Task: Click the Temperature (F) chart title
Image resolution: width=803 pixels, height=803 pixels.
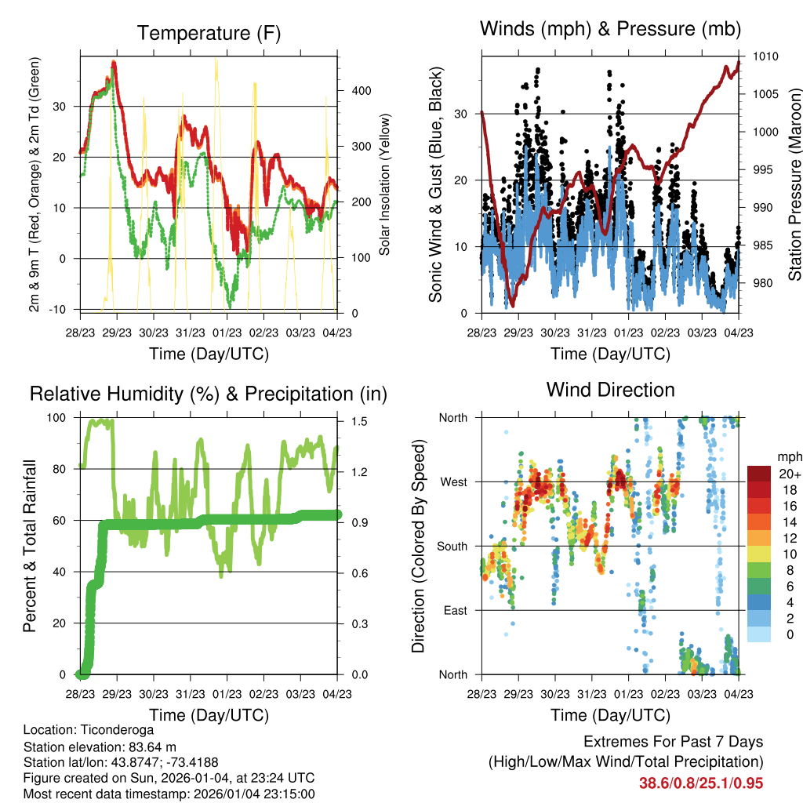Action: coord(209,33)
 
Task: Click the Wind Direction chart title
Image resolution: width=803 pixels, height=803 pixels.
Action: coord(610,390)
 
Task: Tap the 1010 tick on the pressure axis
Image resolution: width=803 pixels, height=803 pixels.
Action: coord(765,56)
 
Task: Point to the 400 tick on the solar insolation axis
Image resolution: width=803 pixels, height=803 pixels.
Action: coord(362,91)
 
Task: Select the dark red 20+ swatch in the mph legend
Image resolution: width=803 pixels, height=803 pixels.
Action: coord(758,473)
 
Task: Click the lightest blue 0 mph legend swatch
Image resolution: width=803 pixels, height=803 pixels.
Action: coord(758,634)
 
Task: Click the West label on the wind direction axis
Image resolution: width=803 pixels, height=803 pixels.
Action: coord(453,481)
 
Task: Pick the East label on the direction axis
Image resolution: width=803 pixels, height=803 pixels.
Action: coord(455,610)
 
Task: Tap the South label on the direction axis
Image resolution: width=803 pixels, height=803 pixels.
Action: coord(452,546)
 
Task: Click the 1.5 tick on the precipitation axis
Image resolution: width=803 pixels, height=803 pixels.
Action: coord(357,421)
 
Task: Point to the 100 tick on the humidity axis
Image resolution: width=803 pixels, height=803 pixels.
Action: coord(58,417)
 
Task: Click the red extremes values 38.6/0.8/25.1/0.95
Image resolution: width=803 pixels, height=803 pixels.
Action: coord(701,783)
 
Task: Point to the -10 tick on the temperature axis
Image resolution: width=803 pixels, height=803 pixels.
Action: coord(58,309)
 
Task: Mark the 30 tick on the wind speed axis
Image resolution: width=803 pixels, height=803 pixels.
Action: coord(461,114)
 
